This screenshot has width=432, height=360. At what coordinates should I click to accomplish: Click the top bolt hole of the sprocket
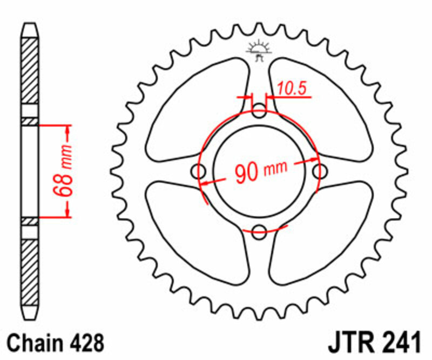click(260, 113)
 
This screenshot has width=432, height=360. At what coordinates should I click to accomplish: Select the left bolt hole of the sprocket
click(200, 172)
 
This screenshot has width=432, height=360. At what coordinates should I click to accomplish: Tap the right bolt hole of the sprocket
click(320, 172)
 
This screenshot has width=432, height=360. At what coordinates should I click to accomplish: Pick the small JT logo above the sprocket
click(259, 49)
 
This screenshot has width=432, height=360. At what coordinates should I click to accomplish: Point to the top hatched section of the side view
click(31, 76)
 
